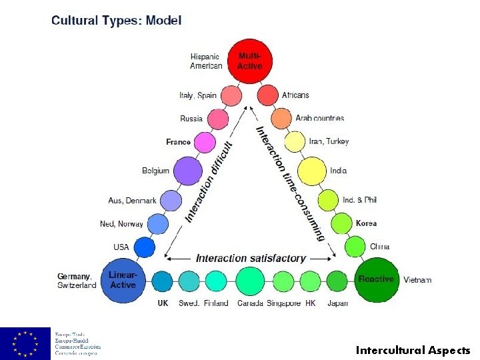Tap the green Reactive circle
pos(377,279)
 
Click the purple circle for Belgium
pos(188,171)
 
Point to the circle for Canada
pos(251,281)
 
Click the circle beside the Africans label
pos(268,95)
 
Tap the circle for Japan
pos(337,281)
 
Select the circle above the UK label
pos(163,281)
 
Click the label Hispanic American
pos(206,61)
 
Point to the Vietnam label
pos(417,279)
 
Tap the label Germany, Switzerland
pos(77,281)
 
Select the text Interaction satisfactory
pos(250,258)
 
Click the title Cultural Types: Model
pos(116,20)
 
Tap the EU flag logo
pos(25,343)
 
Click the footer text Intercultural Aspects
pos(413,350)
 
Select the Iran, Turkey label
pos(329,141)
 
